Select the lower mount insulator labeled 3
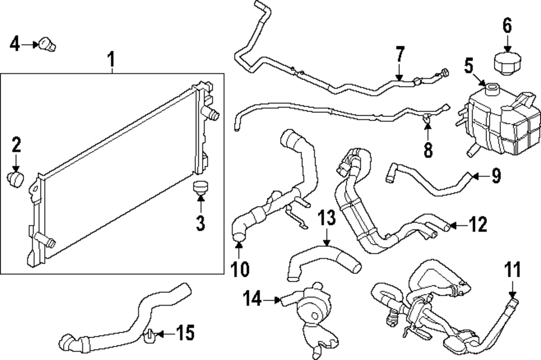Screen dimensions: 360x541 (201, 189)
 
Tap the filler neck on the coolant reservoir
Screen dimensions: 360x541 (491, 88)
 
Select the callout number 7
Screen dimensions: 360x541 (399, 55)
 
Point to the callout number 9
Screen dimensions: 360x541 (496, 176)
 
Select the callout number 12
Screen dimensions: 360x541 (479, 223)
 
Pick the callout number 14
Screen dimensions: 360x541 (253, 297)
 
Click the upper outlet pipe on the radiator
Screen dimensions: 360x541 (212, 114)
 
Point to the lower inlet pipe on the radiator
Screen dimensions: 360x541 (45, 241)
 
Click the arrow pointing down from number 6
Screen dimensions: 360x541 (506, 42)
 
